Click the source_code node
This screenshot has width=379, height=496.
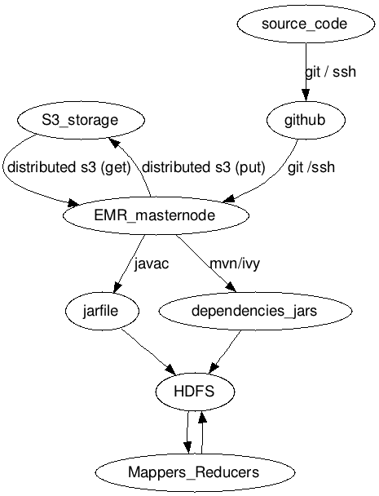tap(305, 24)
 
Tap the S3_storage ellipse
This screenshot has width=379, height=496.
tap(80, 121)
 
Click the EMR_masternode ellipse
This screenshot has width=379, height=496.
tap(154, 216)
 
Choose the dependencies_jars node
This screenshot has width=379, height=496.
tap(253, 311)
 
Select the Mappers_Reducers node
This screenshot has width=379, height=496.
tap(194, 472)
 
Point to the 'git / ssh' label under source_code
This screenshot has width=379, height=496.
tap(330, 72)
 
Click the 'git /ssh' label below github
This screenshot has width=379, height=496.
tap(311, 168)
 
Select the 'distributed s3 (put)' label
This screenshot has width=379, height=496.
tap(204, 168)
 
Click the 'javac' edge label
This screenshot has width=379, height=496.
tap(151, 264)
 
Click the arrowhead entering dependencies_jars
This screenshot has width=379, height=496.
tap(231, 287)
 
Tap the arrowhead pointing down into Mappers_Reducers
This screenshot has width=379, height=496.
tap(187, 448)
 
